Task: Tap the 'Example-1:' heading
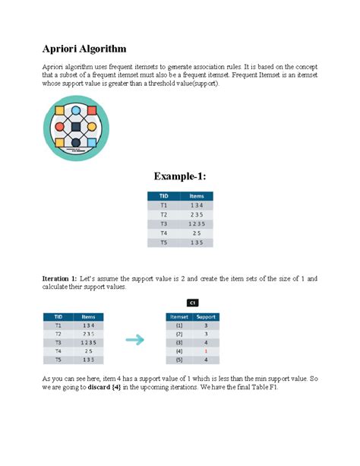tap(180, 176)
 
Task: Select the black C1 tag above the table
tap(193, 302)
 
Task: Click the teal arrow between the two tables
tap(135, 341)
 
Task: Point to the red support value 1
tap(204, 352)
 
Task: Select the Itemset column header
tap(179, 315)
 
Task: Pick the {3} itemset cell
tap(179, 343)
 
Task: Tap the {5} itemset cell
tap(179, 361)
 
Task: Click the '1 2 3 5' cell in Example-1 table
tap(196, 224)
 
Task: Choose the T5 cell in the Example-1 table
tap(163, 243)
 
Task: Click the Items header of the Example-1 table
tap(196, 196)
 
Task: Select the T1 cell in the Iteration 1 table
tap(58, 325)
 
